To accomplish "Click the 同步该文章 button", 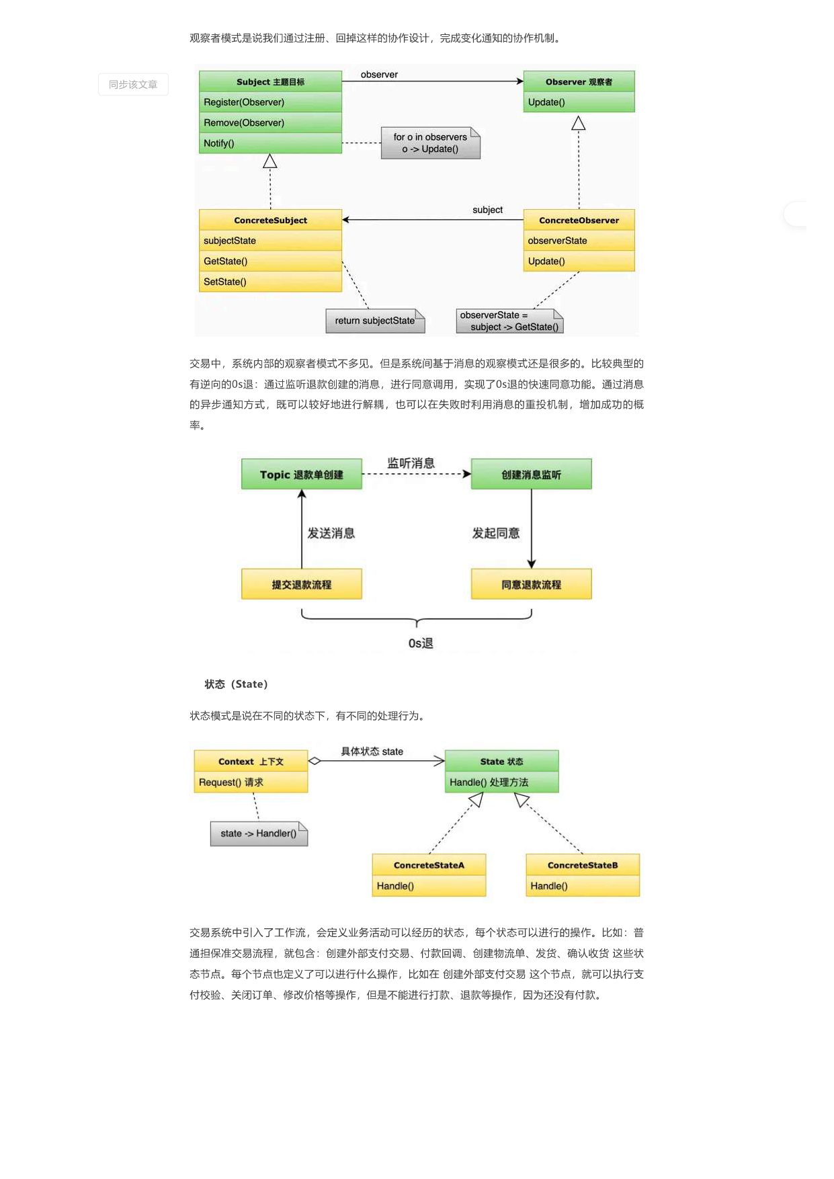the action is point(133,85).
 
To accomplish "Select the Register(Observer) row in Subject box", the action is point(270,102).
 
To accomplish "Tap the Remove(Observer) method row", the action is point(270,122).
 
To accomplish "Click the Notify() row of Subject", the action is point(270,143).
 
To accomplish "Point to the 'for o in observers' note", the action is point(431,143).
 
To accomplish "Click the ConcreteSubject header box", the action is point(270,220).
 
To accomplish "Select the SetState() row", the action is point(270,282).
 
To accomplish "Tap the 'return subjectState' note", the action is point(375,321).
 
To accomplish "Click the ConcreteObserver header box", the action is point(579,220).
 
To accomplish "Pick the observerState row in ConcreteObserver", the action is point(579,241).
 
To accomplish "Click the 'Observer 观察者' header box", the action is point(579,81).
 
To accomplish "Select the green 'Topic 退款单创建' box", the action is point(302,474).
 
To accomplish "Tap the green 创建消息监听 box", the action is point(532,474).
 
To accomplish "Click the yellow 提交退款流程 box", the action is point(302,584).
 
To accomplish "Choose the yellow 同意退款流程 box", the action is point(532,584).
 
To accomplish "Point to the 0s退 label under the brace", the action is point(421,643).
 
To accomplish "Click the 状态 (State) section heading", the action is point(236,684).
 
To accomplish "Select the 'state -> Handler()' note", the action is point(259,834).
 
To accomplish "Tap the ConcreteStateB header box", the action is point(583,865).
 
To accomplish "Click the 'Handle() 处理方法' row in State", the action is point(502,782).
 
